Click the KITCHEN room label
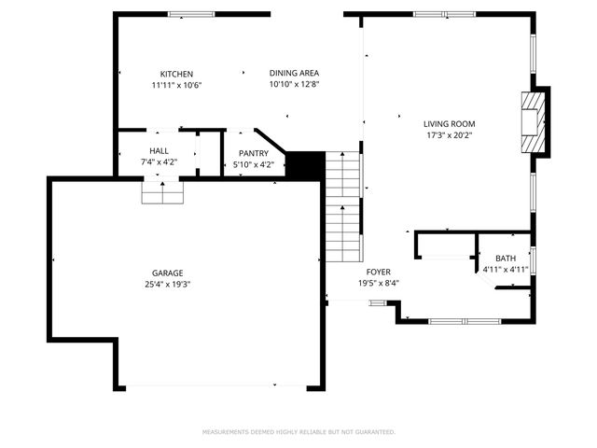(x=176, y=74)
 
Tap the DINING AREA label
(x=294, y=74)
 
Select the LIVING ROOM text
(x=450, y=123)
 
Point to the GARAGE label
(x=168, y=273)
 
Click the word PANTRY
(x=253, y=154)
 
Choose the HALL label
(x=159, y=151)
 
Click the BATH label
(x=505, y=259)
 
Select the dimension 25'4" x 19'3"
(x=168, y=285)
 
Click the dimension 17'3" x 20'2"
(x=450, y=134)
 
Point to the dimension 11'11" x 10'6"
(x=176, y=85)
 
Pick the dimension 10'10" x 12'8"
(x=294, y=85)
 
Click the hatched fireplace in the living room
(x=531, y=120)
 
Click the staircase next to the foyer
(x=343, y=205)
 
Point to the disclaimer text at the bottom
(x=298, y=432)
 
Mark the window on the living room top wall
(x=442, y=14)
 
